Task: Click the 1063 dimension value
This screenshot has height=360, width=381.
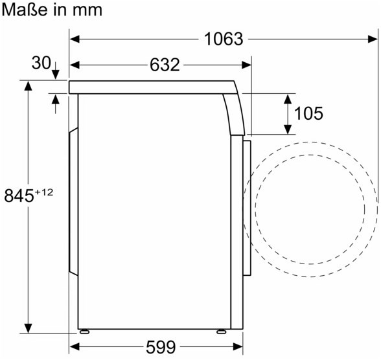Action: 224,39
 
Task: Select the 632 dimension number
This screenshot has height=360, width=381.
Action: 165,65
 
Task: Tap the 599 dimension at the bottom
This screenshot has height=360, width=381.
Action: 161,347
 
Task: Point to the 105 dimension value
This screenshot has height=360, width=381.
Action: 309,113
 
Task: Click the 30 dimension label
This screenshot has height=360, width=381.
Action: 41,63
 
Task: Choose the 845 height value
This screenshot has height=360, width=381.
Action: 19,196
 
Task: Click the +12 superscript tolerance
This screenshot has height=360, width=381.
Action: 44,192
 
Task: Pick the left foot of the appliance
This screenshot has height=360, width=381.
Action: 84,332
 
